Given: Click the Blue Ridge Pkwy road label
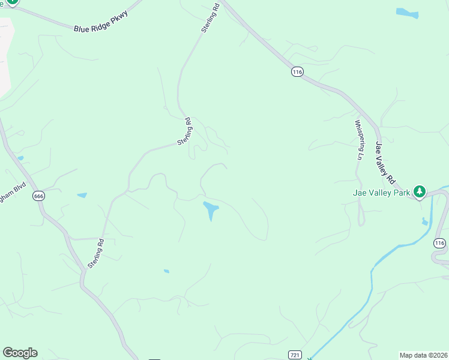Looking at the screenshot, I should (x=101, y=20).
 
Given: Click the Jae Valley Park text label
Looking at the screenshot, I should (x=381, y=193).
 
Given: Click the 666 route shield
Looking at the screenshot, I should (x=39, y=196).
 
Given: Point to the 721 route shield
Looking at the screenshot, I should (x=294, y=355).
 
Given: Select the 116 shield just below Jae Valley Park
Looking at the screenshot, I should (x=440, y=243).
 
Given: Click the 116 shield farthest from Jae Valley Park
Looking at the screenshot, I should (x=297, y=72).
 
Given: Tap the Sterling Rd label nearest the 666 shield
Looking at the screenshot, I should (x=96, y=253).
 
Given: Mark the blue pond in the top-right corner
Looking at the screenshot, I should (x=407, y=13).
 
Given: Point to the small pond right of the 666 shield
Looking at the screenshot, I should (x=82, y=195).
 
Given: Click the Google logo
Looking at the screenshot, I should (x=20, y=353).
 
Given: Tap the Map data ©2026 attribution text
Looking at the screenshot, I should (x=423, y=355).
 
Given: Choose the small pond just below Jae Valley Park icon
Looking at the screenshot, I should (x=425, y=221).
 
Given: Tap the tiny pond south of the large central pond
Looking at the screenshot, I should (x=166, y=271).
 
